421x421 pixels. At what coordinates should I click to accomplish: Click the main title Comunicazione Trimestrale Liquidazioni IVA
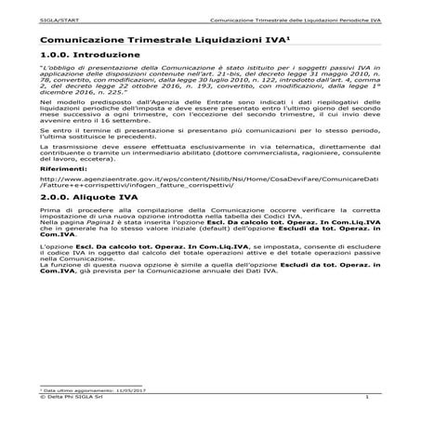(x=150, y=41)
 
